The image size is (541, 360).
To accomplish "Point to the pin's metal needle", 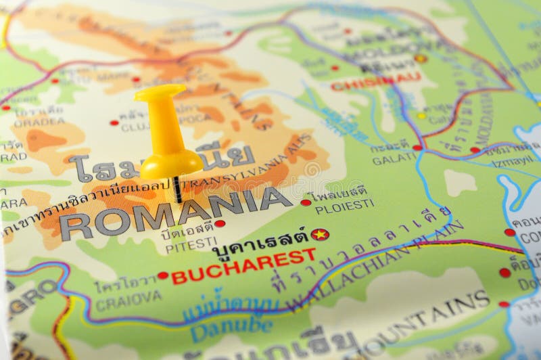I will point(177,189).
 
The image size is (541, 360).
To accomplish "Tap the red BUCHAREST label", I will point(243,266).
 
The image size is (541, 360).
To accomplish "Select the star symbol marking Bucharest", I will point(319,234).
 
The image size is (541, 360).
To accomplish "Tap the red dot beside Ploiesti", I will point(306,202).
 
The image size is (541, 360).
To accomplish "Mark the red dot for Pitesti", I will point(220,223).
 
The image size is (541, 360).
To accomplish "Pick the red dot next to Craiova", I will point(162,275).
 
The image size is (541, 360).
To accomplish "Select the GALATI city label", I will point(394,158).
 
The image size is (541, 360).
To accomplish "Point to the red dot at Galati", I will point(417,147).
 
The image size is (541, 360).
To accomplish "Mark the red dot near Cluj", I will point(114,122).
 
